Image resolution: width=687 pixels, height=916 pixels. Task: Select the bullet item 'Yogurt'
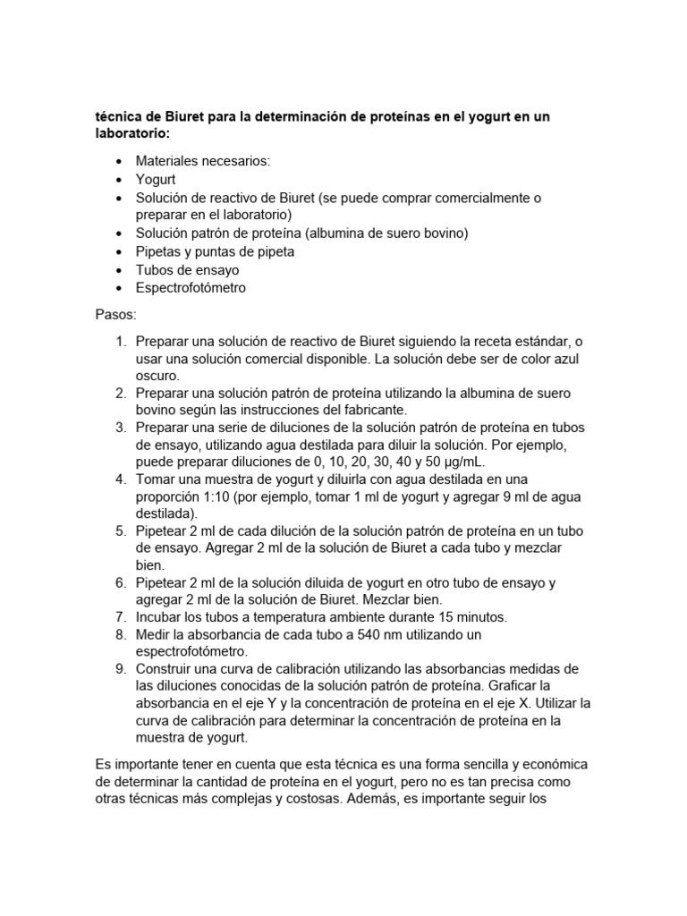pos(156,179)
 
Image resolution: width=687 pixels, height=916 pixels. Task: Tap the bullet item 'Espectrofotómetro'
pos(191,288)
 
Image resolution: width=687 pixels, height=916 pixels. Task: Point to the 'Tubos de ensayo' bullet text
pos(187,269)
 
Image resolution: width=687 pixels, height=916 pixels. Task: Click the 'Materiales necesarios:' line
pos(202,161)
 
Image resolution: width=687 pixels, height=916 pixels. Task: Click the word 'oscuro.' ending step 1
pos(158,376)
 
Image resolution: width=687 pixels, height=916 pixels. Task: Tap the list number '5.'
pos(119,530)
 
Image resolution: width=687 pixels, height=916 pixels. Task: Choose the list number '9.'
pos(119,669)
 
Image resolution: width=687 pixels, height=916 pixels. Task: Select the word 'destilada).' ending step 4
pos(166,513)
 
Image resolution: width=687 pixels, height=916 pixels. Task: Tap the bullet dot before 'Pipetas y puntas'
pos(119,251)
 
